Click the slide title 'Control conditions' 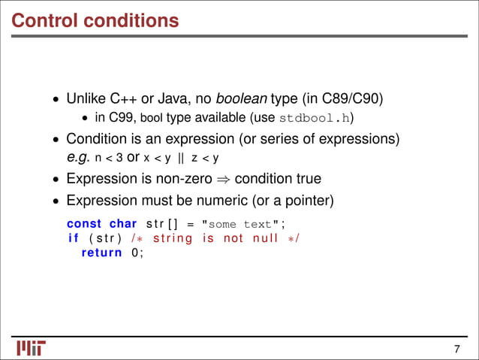(95, 20)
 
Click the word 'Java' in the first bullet (163, 98)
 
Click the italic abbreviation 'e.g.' (79, 159)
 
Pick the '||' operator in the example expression (179, 159)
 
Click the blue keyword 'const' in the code (84, 224)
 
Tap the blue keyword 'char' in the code (123, 224)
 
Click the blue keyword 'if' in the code (74, 238)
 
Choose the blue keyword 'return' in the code (101, 253)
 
